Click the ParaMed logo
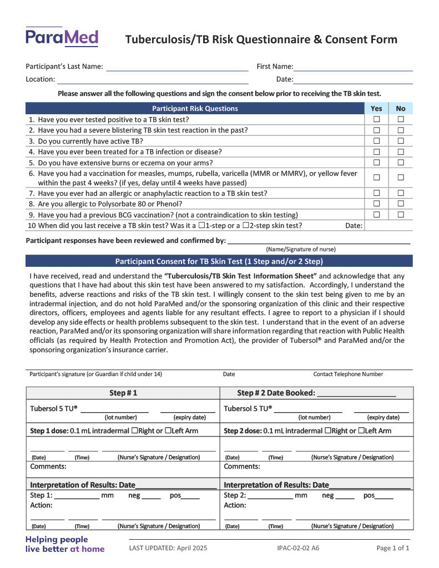[x=62, y=37]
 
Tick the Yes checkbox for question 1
[x=376, y=119]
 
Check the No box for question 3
[x=401, y=141]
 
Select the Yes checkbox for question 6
[x=376, y=177]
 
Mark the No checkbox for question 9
[x=401, y=215]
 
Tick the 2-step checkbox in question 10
[x=247, y=226]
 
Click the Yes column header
[x=376, y=109]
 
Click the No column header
[x=401, y=109]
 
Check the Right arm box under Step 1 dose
[x=134, y=431]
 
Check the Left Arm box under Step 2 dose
[x=361, y=431]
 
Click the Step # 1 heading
[x=123, y=393]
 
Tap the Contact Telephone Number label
[x=348, y=374]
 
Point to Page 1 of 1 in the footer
[x=393, y=548]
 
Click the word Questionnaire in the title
[x=274, y=39]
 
